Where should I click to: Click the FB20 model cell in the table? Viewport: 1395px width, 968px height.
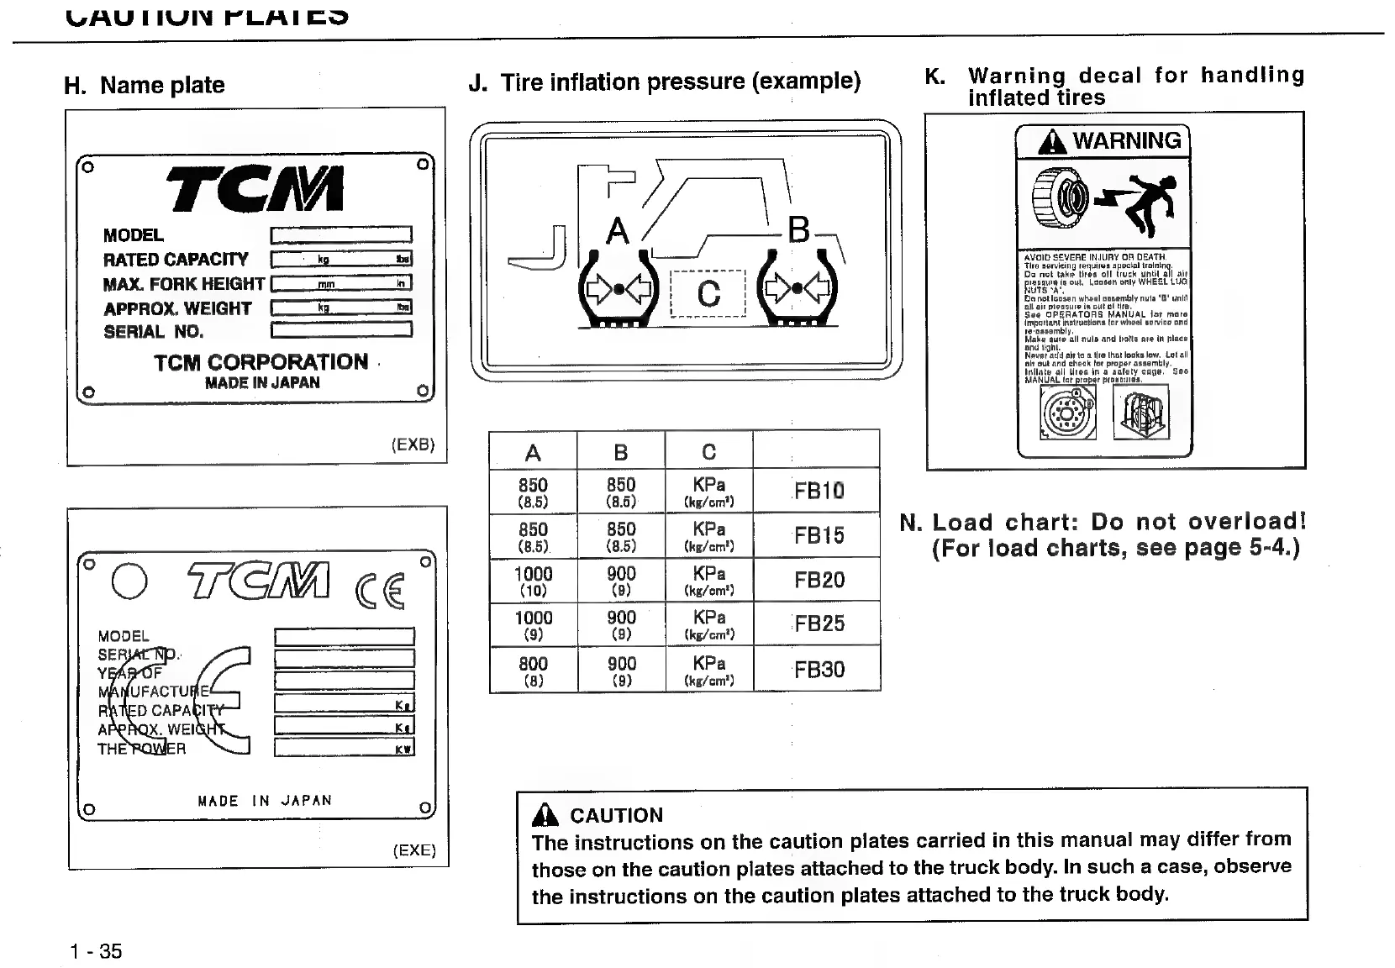[819, 580]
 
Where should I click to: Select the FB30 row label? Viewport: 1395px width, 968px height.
[819, 670]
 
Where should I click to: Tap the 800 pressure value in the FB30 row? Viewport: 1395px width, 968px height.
[533, 664]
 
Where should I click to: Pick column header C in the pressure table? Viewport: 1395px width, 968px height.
[708, 453]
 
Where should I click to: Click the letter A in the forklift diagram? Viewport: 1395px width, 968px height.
[618, 231]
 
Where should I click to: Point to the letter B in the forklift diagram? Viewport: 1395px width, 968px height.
[798, 229]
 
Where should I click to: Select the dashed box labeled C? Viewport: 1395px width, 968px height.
[708, 293]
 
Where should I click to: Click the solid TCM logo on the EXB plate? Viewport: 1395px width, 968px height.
[255, 188]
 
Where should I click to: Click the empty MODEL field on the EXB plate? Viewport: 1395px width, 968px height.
[340, 234]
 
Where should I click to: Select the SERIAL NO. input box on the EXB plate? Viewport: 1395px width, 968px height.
[340, 330]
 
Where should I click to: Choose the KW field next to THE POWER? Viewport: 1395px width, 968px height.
[344, 747]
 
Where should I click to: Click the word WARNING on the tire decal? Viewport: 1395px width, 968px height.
[1126, 140]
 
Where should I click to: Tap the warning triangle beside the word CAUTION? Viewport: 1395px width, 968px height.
[545, 814]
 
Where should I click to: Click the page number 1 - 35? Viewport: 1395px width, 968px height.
[96, 951]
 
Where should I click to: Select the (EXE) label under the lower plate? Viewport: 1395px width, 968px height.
[414, 850]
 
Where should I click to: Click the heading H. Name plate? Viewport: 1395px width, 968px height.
[145, 85]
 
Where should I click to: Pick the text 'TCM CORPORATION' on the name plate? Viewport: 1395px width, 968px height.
[261, 362]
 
